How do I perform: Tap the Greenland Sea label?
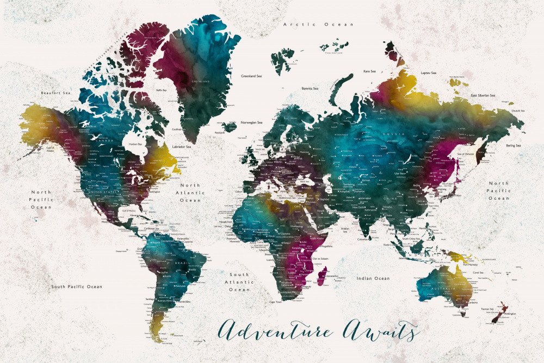[x=251, y=76]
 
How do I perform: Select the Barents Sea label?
[x=310, y=88]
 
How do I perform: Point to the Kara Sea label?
[x=370, y=71]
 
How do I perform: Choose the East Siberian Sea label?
[x=483, y=96]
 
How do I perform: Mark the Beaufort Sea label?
[x=56, y=93]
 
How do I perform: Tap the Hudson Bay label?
[x=135, y=144]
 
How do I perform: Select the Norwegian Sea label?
[x=252, y=122]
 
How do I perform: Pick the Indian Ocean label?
[x=373, y=279]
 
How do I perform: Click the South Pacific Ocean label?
[x=77, y=286]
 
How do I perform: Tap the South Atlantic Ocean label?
[x=239, y=282]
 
